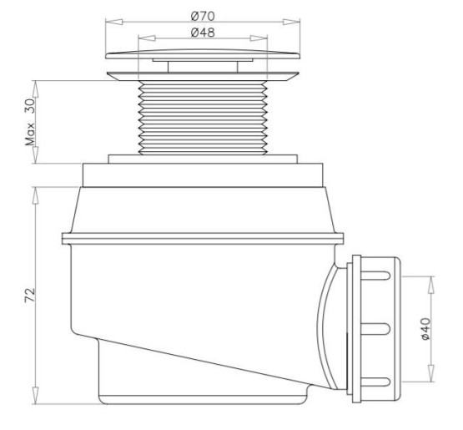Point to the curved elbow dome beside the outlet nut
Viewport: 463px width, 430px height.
pos(331,326)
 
